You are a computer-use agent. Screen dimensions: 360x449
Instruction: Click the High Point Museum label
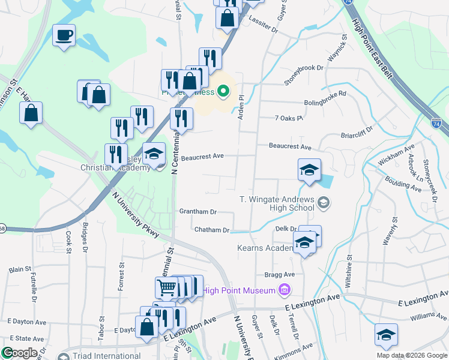click(x=238, y=291)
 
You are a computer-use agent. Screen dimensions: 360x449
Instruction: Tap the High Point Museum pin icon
click(x=285, y=291)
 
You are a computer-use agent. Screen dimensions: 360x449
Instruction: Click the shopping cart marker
click(x=166, y=288)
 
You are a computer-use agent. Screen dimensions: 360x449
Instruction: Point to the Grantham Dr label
click(x=197, y=212)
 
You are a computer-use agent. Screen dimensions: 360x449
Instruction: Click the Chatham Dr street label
click(x=212, y=230)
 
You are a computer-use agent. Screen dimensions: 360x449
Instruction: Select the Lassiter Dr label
click(x=265, y=29)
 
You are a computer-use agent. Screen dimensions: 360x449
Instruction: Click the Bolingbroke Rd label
click(x=325, y=94)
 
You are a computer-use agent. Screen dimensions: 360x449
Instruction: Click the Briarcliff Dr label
click(x=357, y=131)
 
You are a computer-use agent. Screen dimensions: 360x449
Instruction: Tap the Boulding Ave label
click(x=403, y=184)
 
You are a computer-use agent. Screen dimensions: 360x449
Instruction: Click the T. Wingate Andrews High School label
click(x=276, y=203)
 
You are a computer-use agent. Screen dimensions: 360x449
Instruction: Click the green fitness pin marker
click(x=223, y=92)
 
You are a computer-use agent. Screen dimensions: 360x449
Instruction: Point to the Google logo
click(x=19, y=353)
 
